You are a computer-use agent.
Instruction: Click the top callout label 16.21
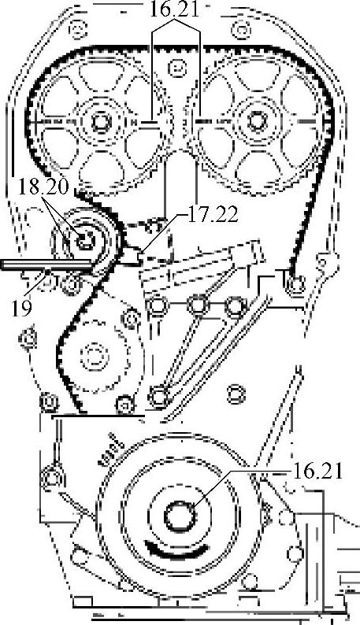click(x=173, y=9)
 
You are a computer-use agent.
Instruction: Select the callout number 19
click(x=21, y=309)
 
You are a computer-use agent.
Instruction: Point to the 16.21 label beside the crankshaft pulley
click(x=317, y=472)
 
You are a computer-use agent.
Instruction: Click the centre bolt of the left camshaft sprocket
click(x=99, y=121)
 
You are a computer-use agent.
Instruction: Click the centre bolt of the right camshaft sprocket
click(x=255, y=120)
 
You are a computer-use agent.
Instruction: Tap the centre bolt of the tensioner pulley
click(x=84, y=240)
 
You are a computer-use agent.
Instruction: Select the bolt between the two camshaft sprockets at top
click(x=175, y=68)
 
